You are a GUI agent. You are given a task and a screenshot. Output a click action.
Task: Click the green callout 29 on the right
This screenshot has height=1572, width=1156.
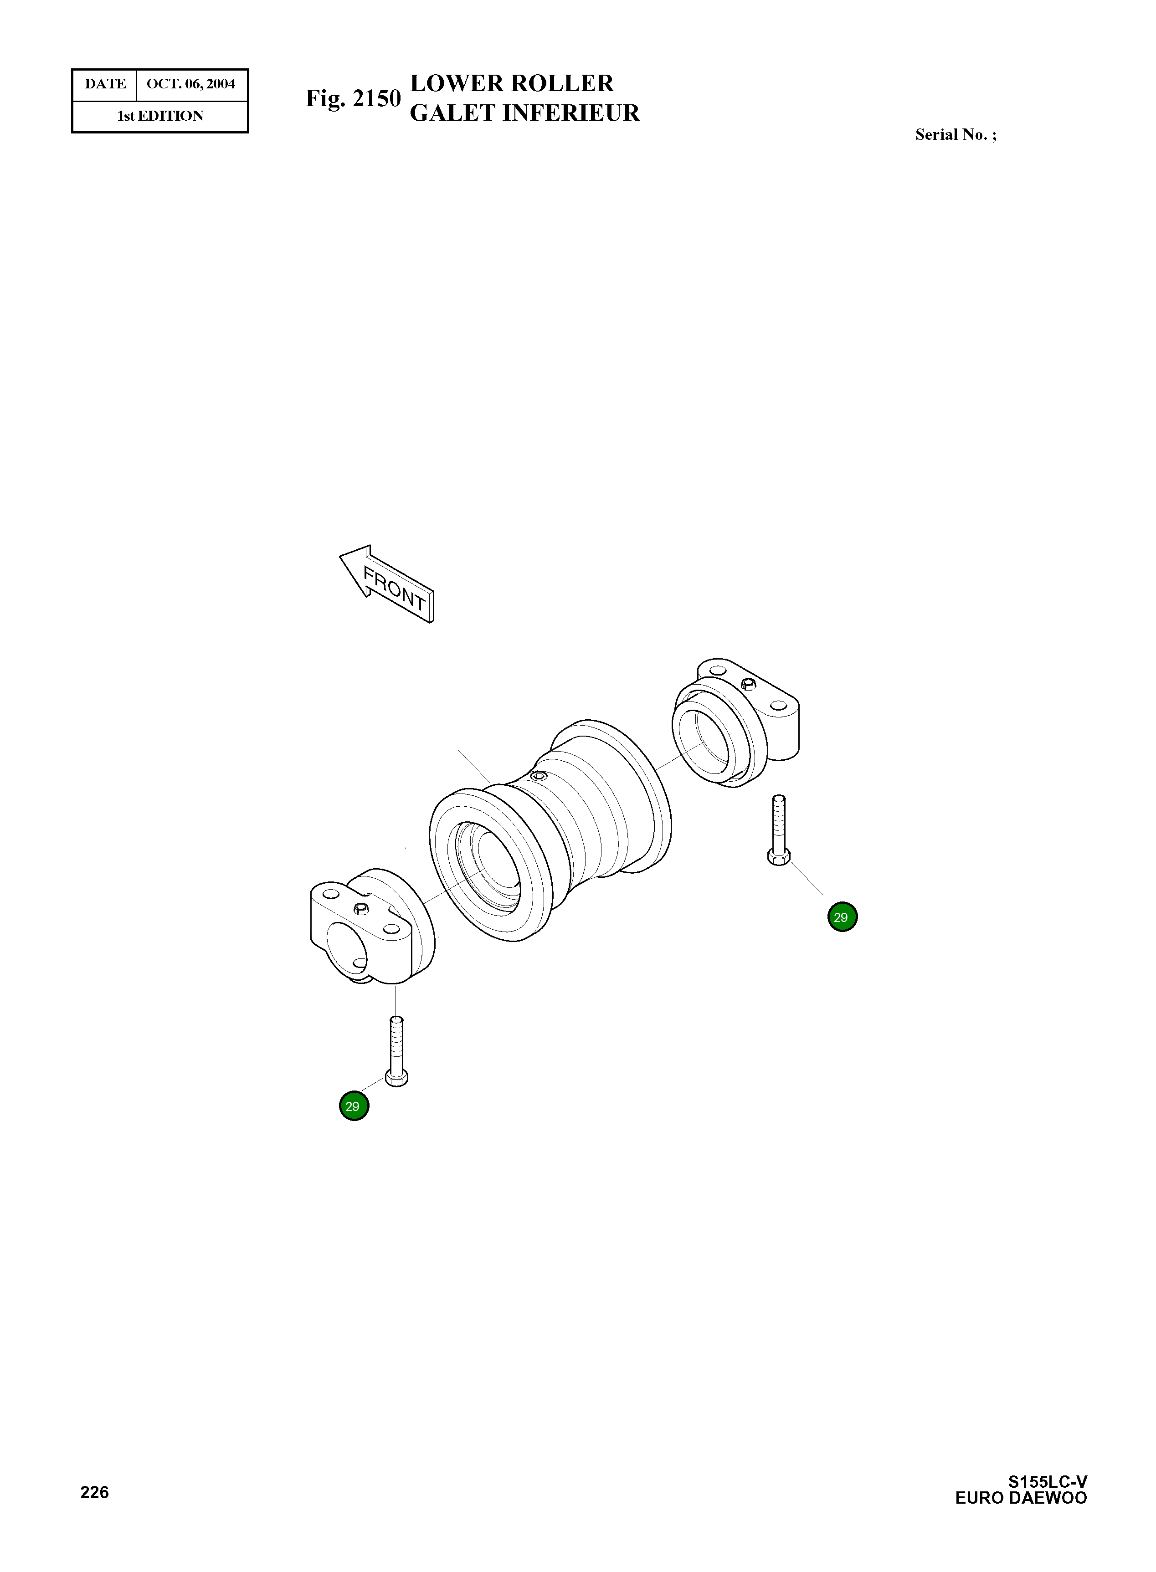pyautogui.click(x=842, y=917)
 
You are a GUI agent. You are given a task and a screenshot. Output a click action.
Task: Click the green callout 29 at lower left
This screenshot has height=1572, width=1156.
pyautogui.click(x=354, y=1106)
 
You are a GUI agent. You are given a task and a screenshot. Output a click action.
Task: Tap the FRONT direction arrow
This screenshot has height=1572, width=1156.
pyautogui.click(x=387, y=584)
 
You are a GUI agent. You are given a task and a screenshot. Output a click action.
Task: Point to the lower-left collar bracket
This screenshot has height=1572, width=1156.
pyautogui.click(x=367, y=927)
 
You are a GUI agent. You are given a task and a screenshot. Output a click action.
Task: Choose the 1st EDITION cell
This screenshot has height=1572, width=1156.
pyautogui.click(x=160, y=116)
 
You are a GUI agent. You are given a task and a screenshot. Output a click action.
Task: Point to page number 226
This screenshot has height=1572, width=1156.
pyautogui.click(x=94, y=1492)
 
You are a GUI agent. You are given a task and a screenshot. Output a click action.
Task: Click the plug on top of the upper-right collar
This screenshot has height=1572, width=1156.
pyautogui.click(x=748, y=684)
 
